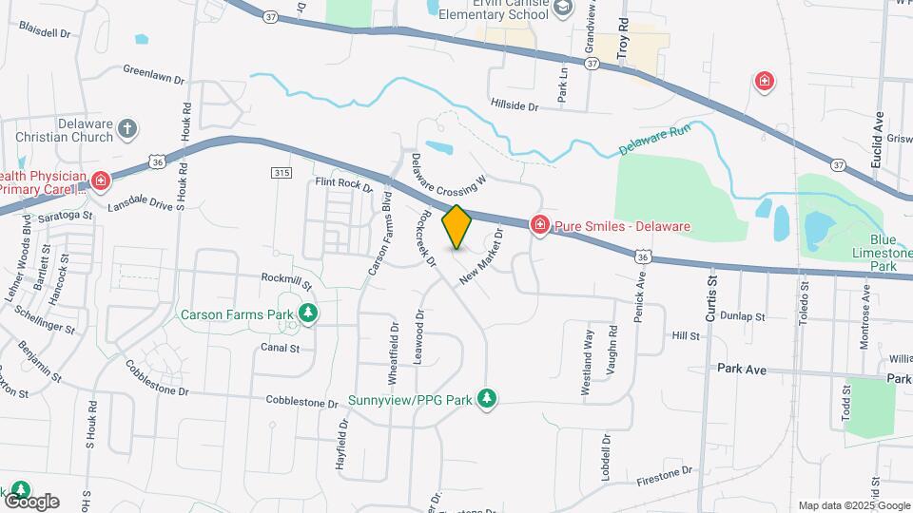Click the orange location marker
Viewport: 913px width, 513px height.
coord(457,226)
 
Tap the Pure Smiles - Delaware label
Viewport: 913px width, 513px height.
coord(622,227)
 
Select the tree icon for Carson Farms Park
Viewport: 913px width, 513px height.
coord(307,313)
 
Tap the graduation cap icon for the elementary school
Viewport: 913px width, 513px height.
coord(563,9)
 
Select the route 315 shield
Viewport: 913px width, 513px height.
coord(280,172)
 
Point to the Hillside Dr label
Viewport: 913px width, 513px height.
coord(515,105)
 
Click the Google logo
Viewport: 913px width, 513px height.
coord(31,501)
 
